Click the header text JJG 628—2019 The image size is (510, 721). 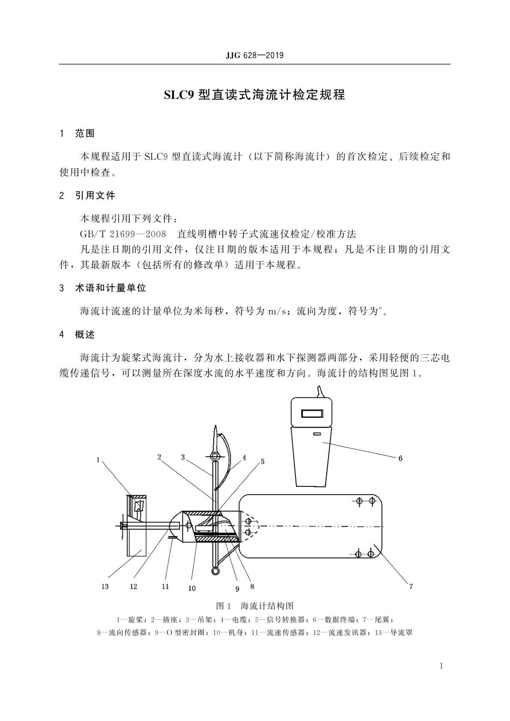tap(254, 56)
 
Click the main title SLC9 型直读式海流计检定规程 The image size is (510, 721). tap(254, 95)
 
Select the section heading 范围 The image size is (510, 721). tap(85, 134)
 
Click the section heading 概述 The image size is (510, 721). tap(85, 335)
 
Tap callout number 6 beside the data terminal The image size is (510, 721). tap(400, 459)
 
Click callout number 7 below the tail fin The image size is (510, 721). tap(411, 587)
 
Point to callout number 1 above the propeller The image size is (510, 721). tap(98, 460)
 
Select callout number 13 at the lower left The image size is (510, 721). tap(105, 587)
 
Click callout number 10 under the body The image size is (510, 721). tap(192, 589)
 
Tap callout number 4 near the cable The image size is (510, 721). tap(244, 458)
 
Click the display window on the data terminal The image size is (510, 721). tap(311, 414)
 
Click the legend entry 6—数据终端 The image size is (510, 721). tap(332, 620)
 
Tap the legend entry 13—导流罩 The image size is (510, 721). tap(393, 632)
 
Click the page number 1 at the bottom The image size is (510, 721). tap(441, 666)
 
